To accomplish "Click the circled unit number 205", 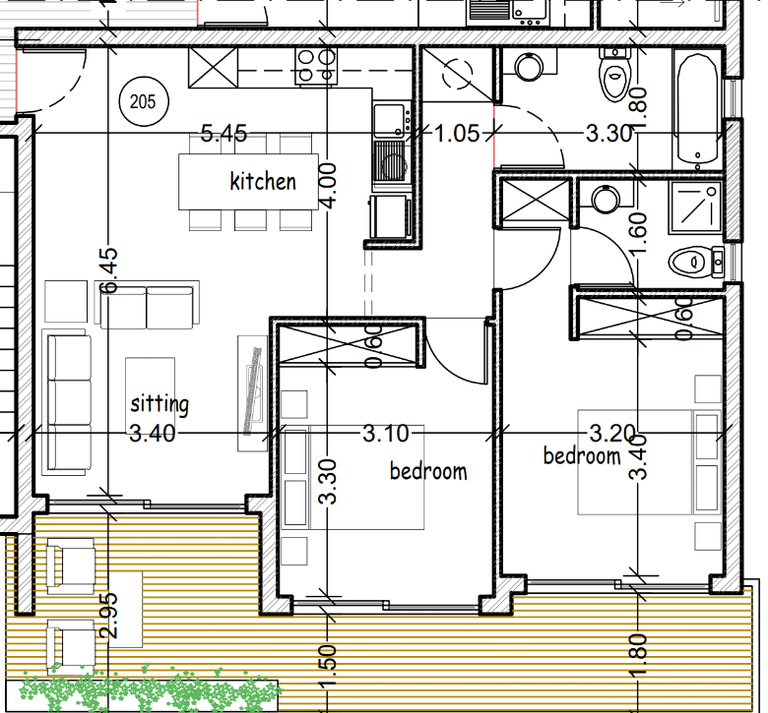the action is (144, 102).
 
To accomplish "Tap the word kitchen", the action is (263, 182).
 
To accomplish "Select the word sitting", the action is (160, 405).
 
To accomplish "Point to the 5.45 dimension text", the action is (224, 133).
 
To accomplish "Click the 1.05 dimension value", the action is (457, 133).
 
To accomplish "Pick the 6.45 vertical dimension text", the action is (108, 270).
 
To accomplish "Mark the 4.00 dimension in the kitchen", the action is (328, 186).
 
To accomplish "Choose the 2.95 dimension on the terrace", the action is (108, 616).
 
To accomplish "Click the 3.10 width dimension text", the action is (385, 434).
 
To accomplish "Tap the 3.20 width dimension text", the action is (612, 433).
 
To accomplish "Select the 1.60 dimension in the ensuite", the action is (639, 234).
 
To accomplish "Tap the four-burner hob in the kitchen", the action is (316, 67).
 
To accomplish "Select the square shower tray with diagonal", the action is (695, 207).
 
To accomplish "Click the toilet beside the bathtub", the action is (615, 75).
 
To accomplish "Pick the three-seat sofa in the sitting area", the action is (69, 402).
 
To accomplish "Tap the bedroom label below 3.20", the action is (582, 456).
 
